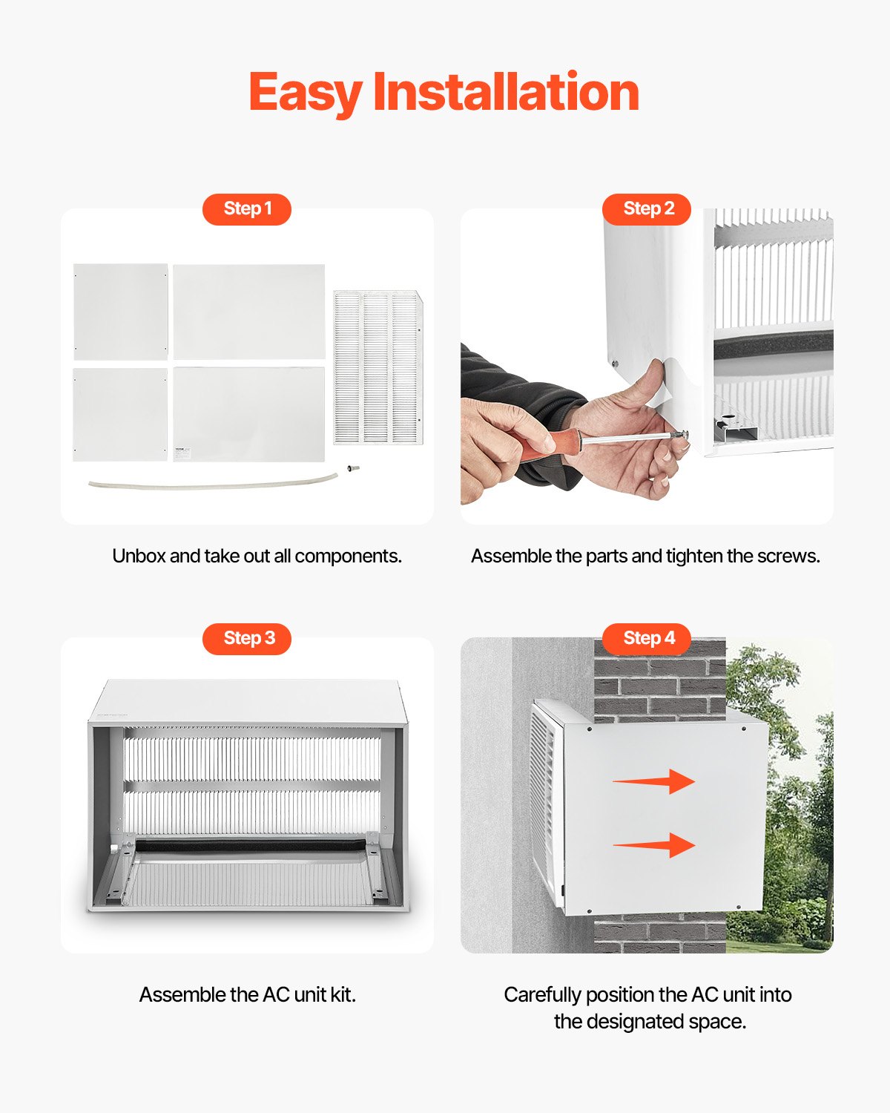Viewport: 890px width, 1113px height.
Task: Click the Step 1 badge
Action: [x=247, y=209]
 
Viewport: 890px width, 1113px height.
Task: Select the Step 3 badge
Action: [x=247, y=639]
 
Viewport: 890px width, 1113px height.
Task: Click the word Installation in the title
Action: [x=506, y=93]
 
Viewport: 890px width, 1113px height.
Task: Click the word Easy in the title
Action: [x=305, y=93]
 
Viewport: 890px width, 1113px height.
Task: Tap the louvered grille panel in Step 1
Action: [x=378, y=368]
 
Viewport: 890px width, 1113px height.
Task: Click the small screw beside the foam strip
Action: [x=350, y=468]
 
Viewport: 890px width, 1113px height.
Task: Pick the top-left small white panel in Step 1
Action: [x=121, y=312]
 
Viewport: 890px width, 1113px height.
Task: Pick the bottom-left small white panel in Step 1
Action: [x=121, y=415]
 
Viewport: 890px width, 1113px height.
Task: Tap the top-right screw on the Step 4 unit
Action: [x=744, y=729]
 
